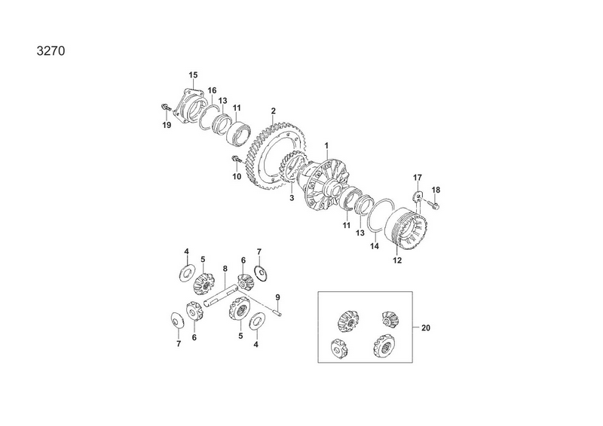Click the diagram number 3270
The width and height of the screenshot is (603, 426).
tap(51, 50)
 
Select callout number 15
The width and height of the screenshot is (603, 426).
tap(193, 75)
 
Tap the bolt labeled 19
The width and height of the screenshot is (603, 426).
tap(165, 107)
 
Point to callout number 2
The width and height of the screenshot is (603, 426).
tap(273, 111)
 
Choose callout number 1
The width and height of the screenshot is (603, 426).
tap(326, 145)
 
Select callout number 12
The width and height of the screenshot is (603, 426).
tap(397, 260)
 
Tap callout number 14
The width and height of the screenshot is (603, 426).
tap(374, 246)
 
